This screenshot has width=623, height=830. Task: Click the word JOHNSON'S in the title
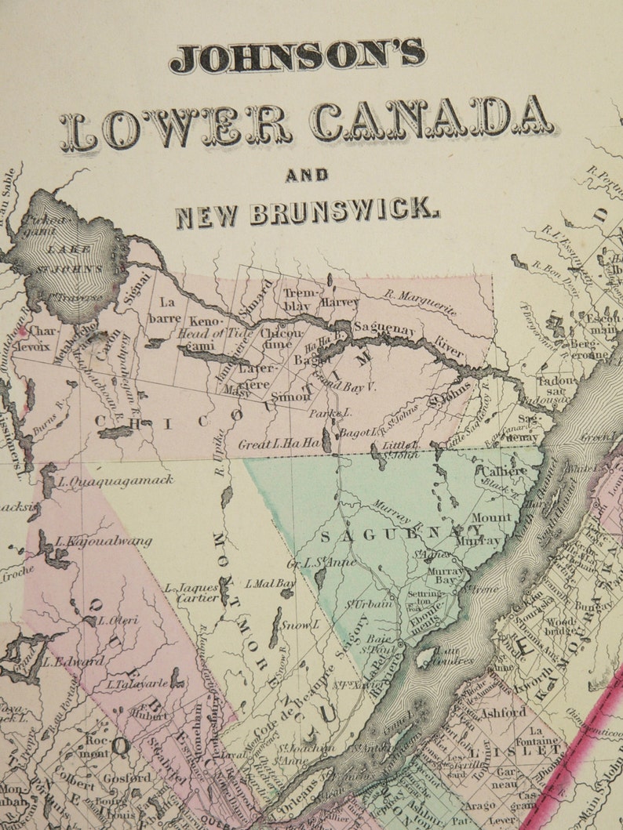click(x=298, y=56)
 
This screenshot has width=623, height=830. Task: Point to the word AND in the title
click(x=307, y=175)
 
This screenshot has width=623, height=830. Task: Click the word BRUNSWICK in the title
click(x=344, y=212)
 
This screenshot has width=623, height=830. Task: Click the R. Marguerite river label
click(x=421, y=303)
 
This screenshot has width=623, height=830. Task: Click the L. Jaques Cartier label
click(x=191, y=593)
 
